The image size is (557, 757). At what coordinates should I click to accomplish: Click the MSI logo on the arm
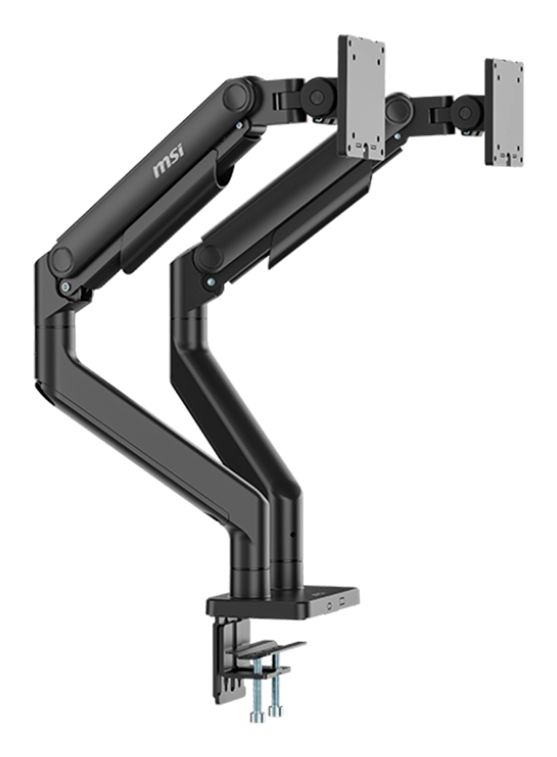click(x=168, y=161)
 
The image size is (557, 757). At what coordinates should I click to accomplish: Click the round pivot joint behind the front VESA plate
click(x=318, y=96)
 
